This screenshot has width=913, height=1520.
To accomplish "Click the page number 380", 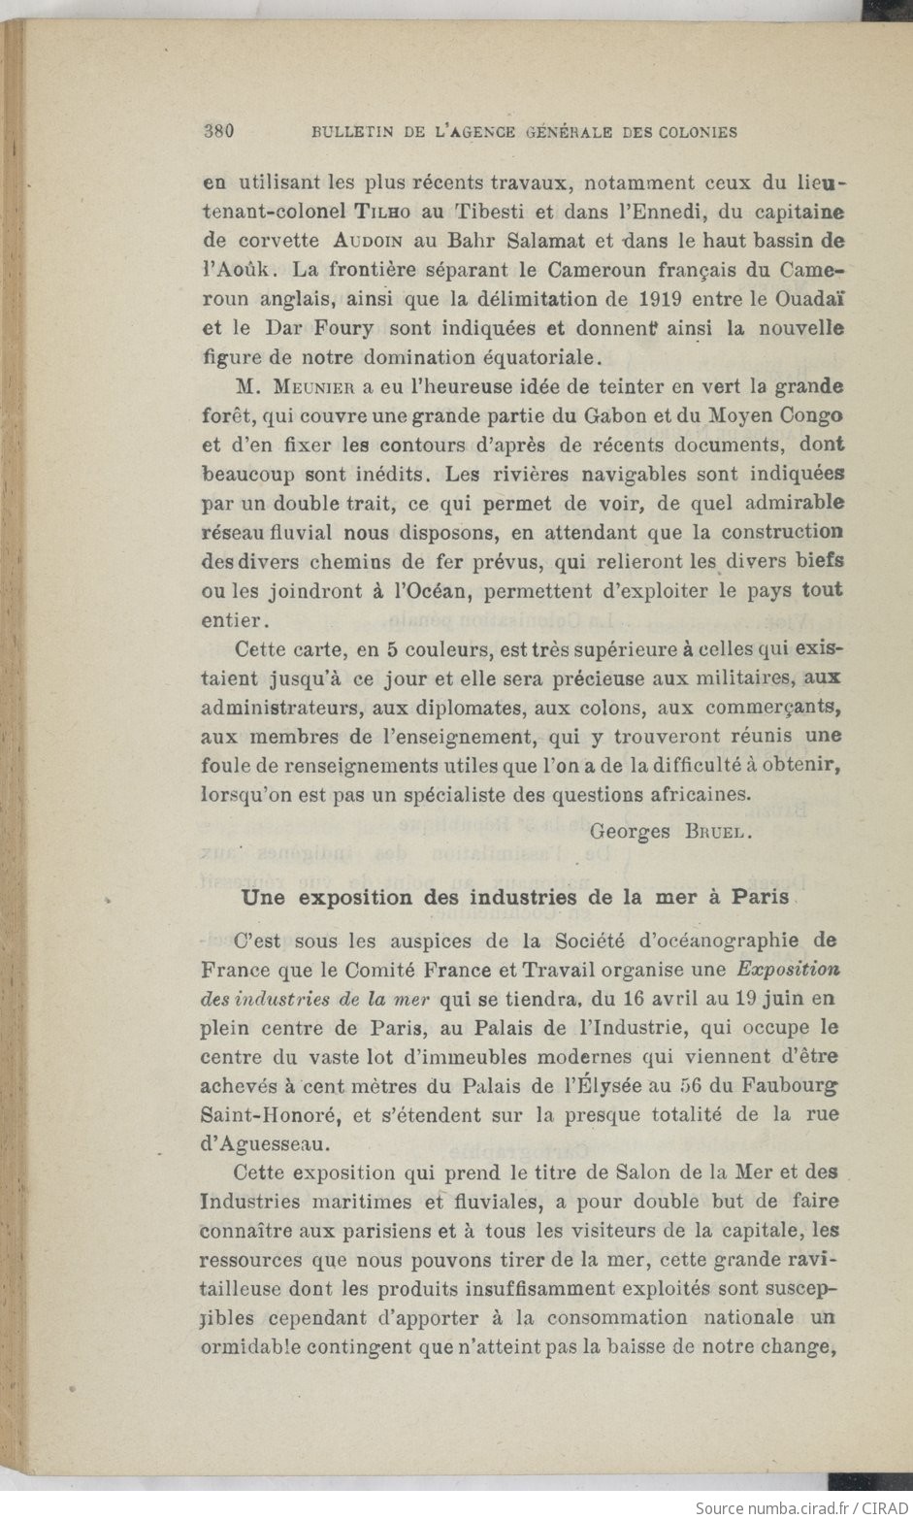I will coord(220,132).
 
